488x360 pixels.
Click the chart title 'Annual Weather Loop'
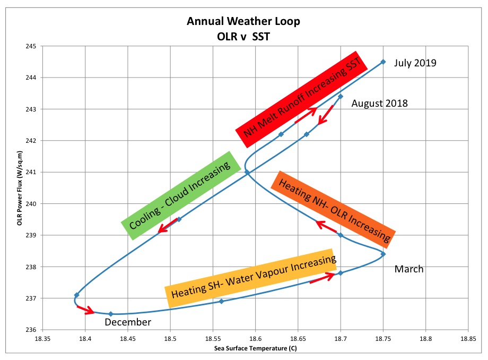pyautogui.click(x=243, y=21)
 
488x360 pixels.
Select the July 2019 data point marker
pyautogui.click(x=383, y=62)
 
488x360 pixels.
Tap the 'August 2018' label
pyautogui.click(x=379, y=104)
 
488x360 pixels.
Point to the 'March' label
pyautogui.click(x=409, y=269)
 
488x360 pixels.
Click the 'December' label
pyautogui.click(x=128, y=322)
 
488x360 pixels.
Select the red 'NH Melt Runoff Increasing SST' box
pyautogui.click(x=301, y=99)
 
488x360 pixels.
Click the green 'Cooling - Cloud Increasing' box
pyautogui.click(x=181, y=195)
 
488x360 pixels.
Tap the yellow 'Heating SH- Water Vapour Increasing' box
pyautogui.click(x=251, y=278)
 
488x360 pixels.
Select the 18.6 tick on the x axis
pyautogui.click(x=255, y=339)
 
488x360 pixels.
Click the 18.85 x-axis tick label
pyautogui.click(x=468, y=339)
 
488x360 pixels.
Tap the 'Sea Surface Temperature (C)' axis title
pyautogui.click(x=255, y=348)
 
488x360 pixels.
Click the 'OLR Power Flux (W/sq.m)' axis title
pyautogui.click(x=20, y=188)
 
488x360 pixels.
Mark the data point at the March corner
pyautogui.click(x=383, y=254)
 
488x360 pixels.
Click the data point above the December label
pyautogui.click(x=110, y=314)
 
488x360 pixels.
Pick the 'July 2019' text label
pyautogui.click(x=415, y=63)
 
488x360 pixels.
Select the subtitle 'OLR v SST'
pyautogui.click(x=243, y=37)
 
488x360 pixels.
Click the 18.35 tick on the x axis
pyautogui.click(x=42, y=339)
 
